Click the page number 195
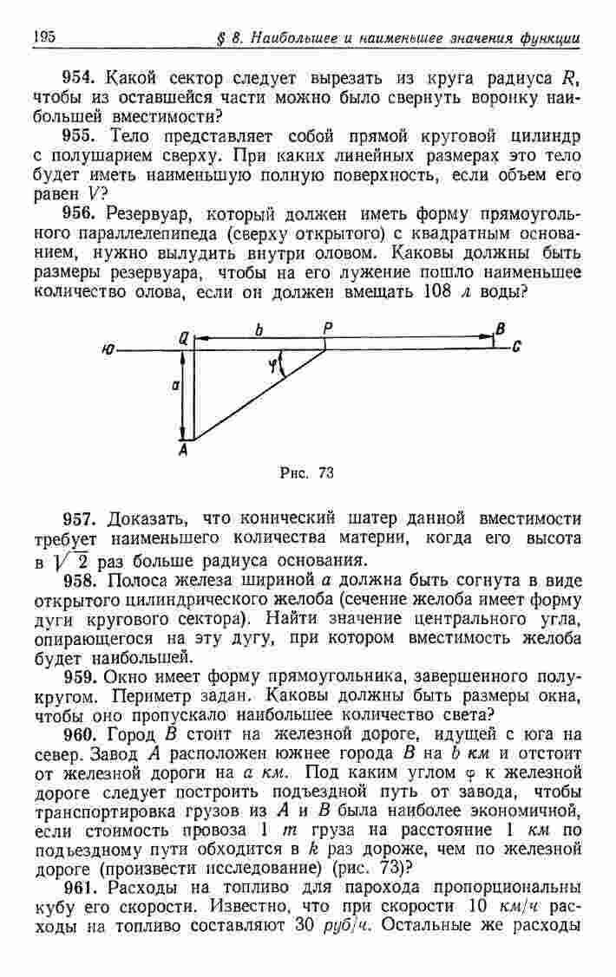pos(43,36)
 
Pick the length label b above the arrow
pos(259,328)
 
